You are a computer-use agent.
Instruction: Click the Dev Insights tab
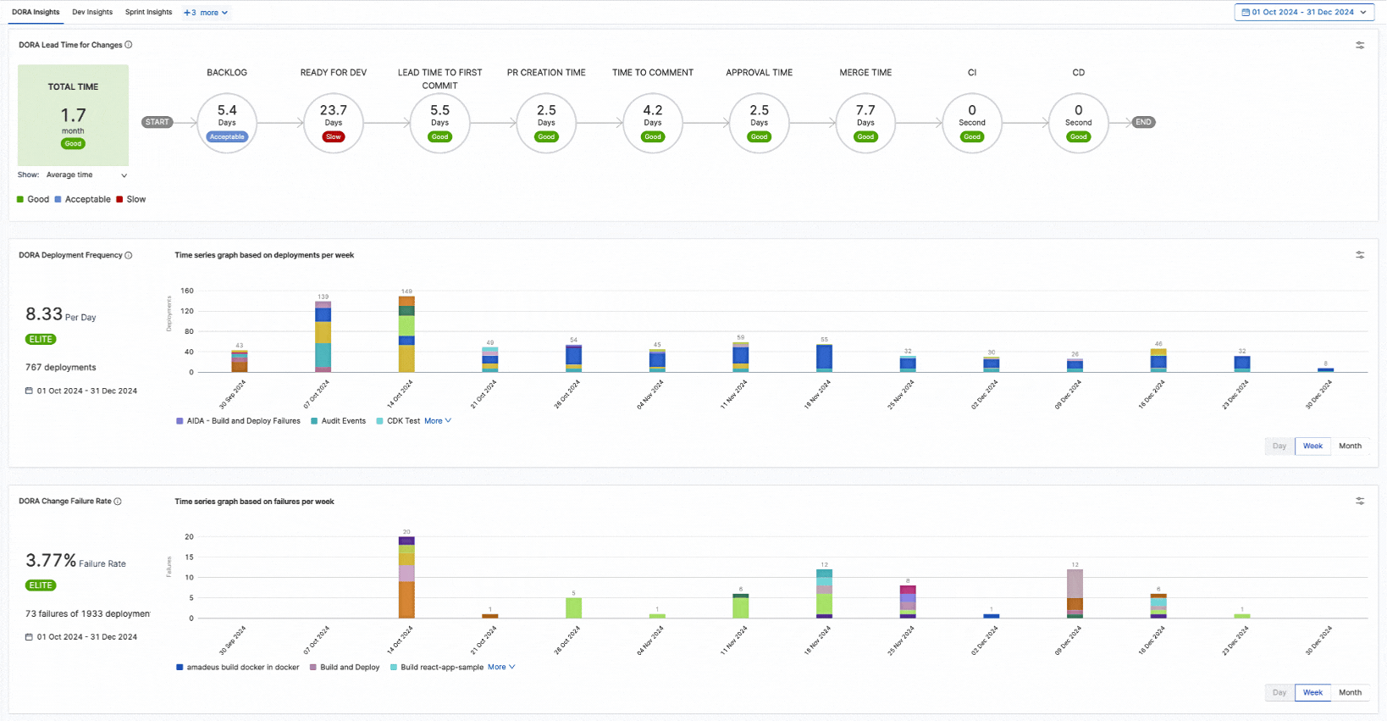(x=92, y=12)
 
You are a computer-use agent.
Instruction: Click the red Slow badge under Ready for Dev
(x=334, y=136)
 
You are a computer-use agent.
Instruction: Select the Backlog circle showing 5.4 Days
(x=227, y=122)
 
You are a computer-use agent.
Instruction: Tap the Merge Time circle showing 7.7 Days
(x=865, y=122)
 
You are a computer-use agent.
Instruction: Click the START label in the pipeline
(x=157, y=122)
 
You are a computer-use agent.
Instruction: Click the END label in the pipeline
(x=1143, y=122)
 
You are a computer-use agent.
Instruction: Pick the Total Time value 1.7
(x=73, y=115)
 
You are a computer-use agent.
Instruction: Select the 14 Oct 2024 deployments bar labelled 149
(x=406, y=335)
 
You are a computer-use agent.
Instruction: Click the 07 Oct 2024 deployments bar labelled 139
(x=323, y=337)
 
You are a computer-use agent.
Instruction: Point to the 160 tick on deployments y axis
(x=187, y=291)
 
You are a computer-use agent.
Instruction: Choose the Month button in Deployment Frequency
(x=1350, y=446)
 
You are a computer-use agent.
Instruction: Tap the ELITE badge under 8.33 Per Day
(x=41, y=339)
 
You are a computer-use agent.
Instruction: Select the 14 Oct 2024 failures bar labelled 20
(x=406, y=578)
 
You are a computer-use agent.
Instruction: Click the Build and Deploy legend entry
(x=349, y=668)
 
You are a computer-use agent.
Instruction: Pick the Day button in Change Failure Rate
(x=1279, y=692)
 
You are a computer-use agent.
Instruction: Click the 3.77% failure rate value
(x=51, y=560)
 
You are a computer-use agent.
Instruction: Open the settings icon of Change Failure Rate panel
(x=1360, y=502)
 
